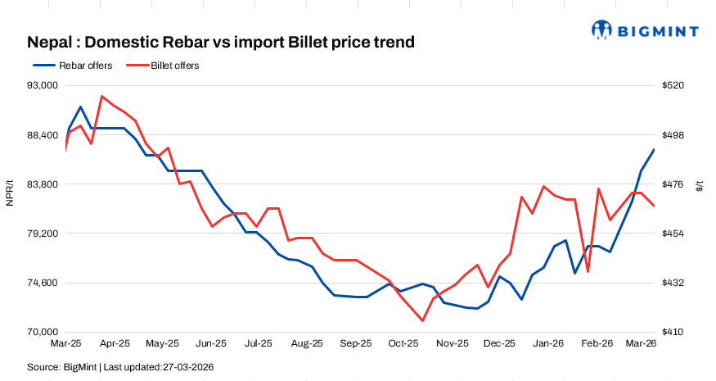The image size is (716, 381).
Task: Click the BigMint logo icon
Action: (603, 30)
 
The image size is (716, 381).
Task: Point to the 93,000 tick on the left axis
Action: (40, 85)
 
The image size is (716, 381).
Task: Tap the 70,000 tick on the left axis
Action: (40, 332)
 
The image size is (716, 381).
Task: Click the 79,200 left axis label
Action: (40, 234)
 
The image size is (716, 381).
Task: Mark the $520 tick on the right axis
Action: (673, 85)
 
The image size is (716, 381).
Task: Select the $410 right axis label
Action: (673, 332)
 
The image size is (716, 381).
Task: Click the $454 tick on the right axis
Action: (673, 234)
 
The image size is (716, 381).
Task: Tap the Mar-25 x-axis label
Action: (65, 344)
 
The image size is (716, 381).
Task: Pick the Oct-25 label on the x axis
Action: (403, 344)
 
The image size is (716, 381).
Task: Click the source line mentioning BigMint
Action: (120, 367)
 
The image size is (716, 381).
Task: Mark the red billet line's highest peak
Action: (101, 96)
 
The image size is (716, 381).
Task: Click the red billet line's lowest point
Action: (422, 320)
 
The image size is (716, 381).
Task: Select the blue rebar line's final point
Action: (654, 149)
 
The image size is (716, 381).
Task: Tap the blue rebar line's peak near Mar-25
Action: (80, 107)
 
